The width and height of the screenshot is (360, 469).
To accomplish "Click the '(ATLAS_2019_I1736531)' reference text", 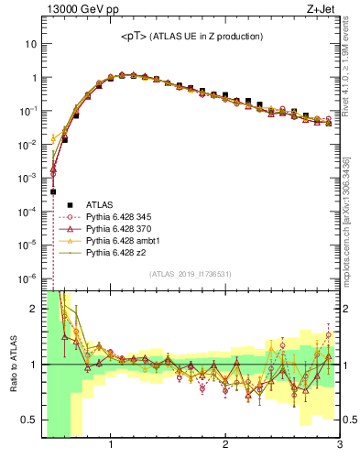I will [x=191, y=274].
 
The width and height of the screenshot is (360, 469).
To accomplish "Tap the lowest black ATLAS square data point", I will [x=53, y=191].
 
